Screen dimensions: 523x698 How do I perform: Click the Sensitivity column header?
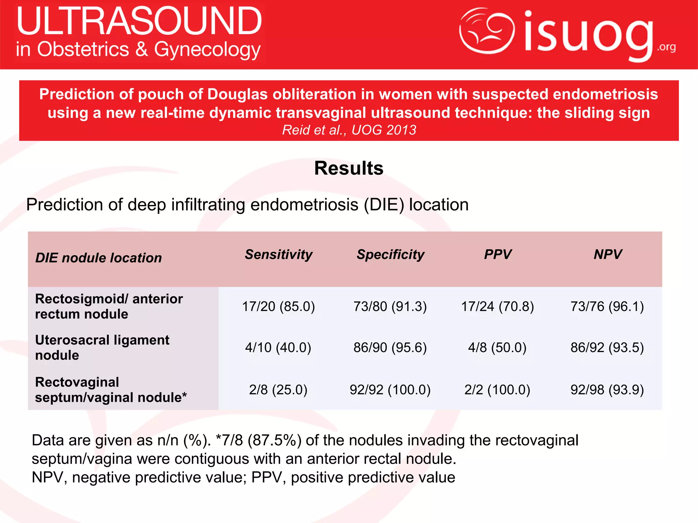(278, 255)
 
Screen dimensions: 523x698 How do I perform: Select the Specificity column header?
(390, 255)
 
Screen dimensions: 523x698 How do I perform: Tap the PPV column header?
(498, 254)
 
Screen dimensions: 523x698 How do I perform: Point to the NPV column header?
(608, 254)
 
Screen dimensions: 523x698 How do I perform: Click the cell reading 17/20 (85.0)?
(278, 306)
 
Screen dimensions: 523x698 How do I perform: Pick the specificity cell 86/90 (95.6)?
(390, 348)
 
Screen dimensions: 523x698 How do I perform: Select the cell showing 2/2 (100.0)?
(497, 390)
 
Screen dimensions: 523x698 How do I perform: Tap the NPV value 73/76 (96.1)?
(607, 306)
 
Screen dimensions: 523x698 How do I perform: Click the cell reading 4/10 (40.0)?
(278, 348)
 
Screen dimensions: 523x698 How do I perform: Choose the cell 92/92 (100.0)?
(390, 390)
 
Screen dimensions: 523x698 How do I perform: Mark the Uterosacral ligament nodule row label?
(102, 348)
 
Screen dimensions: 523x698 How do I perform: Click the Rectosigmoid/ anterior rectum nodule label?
(109, 306)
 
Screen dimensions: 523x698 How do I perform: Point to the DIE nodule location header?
(98, 258)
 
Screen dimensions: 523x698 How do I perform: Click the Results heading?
(349, 168)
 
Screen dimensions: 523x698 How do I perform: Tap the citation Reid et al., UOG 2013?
(349, 130)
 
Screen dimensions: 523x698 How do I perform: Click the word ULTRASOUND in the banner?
(139, 21)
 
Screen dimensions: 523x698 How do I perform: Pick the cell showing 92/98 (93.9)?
(607, 390)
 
